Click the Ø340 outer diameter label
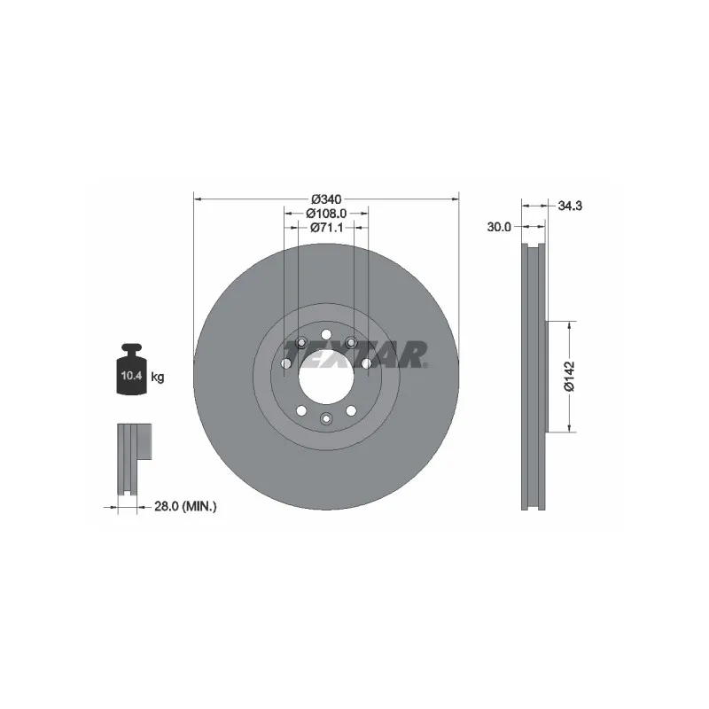coord(326,199)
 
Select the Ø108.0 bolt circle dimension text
coord(326,213)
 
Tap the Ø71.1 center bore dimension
coord(326,228)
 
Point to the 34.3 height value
coord(570,206)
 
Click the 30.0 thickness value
coord(499,227)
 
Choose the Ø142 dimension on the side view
coord(569,376)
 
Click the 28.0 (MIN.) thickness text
coord(185,506)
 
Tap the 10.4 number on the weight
coord(131,375)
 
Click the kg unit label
coord(158,376)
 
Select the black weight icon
coord(132,370)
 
